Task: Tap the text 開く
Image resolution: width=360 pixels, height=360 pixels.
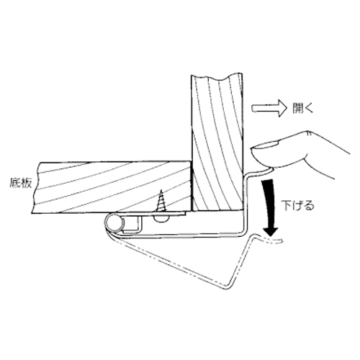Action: (303, 109)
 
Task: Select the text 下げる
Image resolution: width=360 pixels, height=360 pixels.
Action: (298, 206)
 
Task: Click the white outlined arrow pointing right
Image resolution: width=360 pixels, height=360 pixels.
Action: (269, 109)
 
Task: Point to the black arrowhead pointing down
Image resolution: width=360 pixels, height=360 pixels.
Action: (271, 232)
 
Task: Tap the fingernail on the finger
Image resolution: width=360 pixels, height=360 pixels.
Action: (265, 145)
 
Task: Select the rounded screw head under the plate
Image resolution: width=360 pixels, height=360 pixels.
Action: (161, 218)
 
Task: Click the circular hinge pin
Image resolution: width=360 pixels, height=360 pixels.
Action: (114, 223)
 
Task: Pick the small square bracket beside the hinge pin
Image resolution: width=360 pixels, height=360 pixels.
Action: (132, 224)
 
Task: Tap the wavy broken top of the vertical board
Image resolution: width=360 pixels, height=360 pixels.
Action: (217, 77)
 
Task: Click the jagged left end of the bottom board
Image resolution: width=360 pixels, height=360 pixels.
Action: (36, 187)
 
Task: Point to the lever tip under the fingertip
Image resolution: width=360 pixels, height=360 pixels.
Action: (270, 170)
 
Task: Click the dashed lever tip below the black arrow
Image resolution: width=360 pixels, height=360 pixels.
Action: (274, 241)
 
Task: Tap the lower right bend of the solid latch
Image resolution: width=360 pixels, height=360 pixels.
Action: (243, 233)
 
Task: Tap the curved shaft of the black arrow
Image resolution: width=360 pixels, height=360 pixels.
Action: (269, 204)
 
